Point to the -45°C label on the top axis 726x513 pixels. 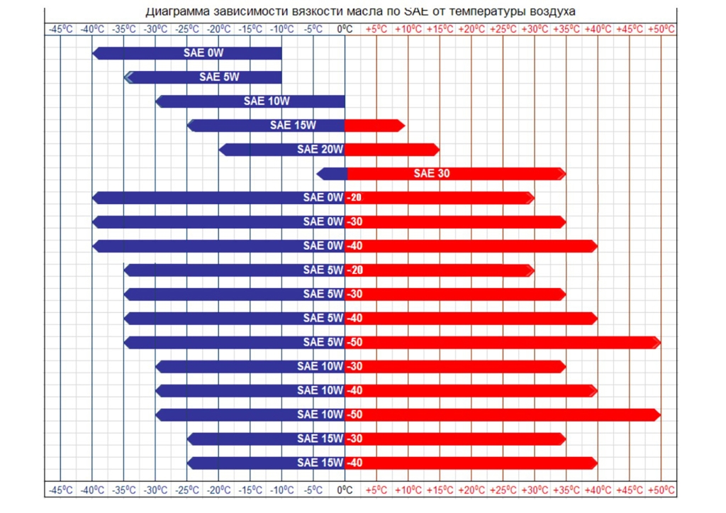point(60,29)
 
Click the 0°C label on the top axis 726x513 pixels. point(345,29)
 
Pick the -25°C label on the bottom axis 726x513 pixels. point(187,490)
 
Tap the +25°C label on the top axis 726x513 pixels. point(503,29)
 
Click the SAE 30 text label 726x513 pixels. point(432,174)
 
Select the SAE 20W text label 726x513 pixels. point(320,150)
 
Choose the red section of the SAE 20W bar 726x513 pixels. point(390,150)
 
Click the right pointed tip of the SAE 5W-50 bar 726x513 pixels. point(657,343)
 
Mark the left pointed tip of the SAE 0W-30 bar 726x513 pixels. point(96,222)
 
